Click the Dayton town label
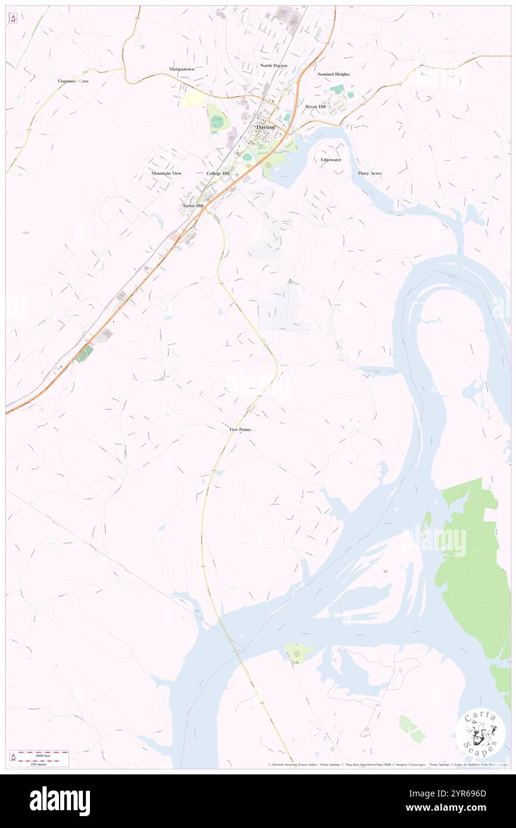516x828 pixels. pos(265,127)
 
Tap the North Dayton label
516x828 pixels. pos(273,66)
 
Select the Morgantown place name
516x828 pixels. pos(182,69)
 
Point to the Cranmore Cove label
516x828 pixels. pos(73,81)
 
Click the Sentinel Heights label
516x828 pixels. pos(334,74)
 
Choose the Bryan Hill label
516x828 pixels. pos(315,107)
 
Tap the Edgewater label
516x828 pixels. pos(331,160)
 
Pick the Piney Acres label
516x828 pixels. pos(370,173)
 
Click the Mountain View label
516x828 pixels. pos(166,173)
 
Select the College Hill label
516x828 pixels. pos(218,173)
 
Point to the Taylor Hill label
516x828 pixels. pos(193,206)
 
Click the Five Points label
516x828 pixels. pos(240,429)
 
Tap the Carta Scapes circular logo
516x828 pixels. pos(480,733)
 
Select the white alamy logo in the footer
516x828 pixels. pos(60,801)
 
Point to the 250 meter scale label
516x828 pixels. pos(39,764)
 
